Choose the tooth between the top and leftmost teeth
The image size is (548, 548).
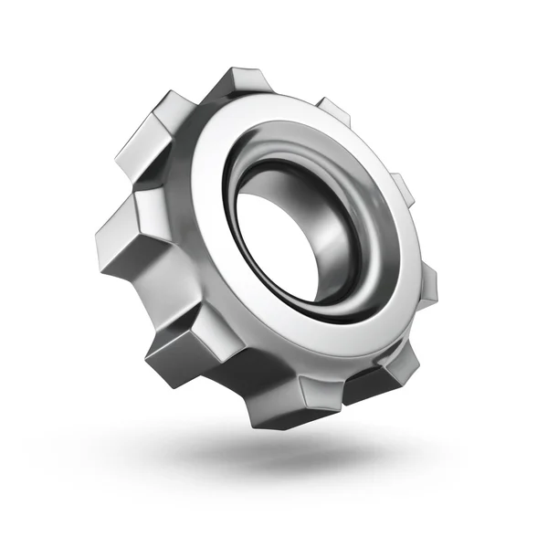pos(146,137)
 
